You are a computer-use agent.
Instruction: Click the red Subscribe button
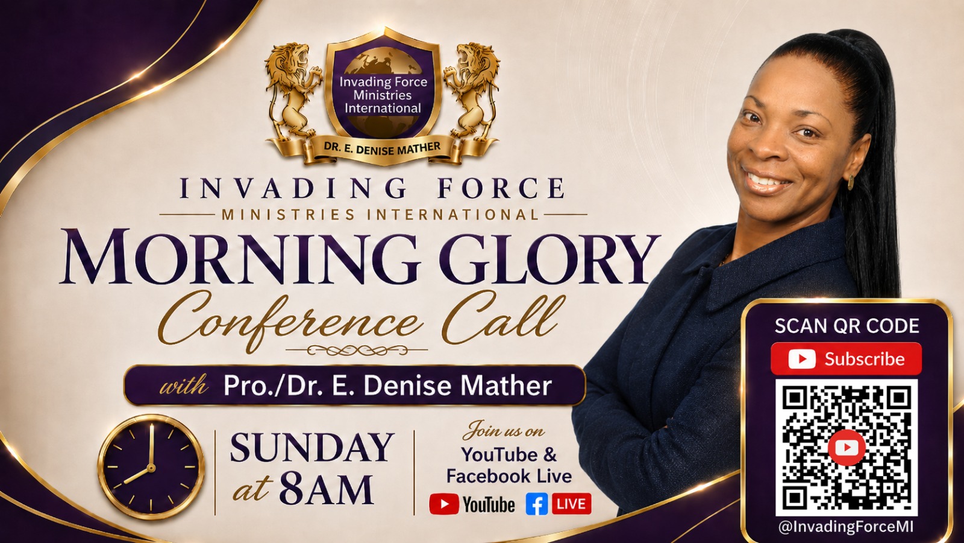click(x=846, y=359)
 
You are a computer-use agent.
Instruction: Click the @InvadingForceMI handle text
click(x=846, y=527)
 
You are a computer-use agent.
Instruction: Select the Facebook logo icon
click(x=537, y=504)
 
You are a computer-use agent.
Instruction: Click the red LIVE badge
click(x=572, y=504)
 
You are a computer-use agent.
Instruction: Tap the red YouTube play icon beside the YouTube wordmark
click(x=443, y=504)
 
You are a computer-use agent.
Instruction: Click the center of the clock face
click(x=151, y=467)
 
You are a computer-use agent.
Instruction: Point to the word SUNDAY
click(x=312, y=448)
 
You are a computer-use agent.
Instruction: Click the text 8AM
click(x=326, y=490)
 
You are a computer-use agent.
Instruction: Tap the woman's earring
click(x=851, y=182)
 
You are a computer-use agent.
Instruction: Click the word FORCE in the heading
click(x=500, y=188)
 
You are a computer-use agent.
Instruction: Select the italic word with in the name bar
click(x=184, y=385)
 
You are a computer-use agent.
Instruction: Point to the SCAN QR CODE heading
click(x=847, y=326)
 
